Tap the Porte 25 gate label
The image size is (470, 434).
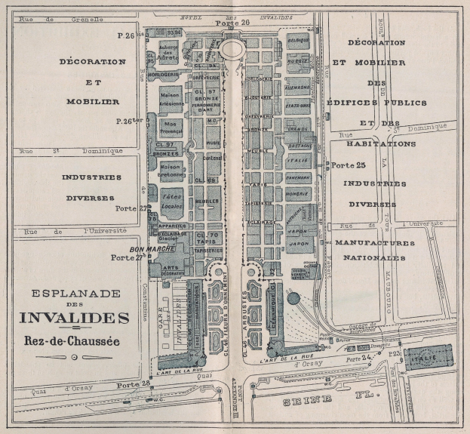click(x=349, y=165)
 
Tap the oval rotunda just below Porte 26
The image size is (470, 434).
click(x=232, y=48)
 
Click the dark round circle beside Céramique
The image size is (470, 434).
click(x=293, y=297)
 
